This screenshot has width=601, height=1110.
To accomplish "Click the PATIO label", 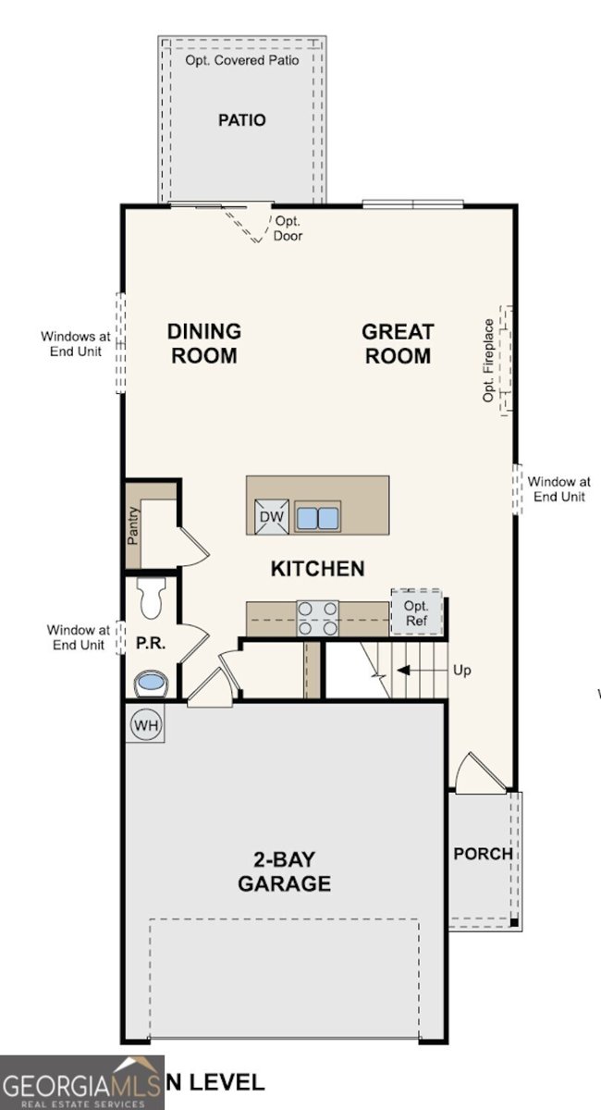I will (242, 120).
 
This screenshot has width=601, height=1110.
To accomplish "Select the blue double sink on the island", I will (317, 517).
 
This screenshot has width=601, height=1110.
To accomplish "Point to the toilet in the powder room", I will (153, 598).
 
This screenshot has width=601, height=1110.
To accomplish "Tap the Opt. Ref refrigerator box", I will (416, 612).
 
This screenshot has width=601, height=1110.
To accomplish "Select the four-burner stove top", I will (317, 617).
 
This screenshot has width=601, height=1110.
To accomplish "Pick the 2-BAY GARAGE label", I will (284, 871).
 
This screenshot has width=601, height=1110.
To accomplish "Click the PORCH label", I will (483, 853).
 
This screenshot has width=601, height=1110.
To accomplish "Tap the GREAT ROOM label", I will (398, 343).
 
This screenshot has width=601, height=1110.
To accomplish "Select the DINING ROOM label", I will (203, 343).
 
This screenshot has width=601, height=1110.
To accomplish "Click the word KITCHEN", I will (317, 568).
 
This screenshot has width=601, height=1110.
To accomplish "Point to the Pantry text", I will (134, 525).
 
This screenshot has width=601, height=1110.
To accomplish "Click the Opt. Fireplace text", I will (489, 361).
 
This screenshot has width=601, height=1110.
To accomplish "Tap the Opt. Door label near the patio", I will (288, 228).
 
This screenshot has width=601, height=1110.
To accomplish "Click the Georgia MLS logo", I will (82, 1083).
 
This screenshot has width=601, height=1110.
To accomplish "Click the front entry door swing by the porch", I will (479, 774).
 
